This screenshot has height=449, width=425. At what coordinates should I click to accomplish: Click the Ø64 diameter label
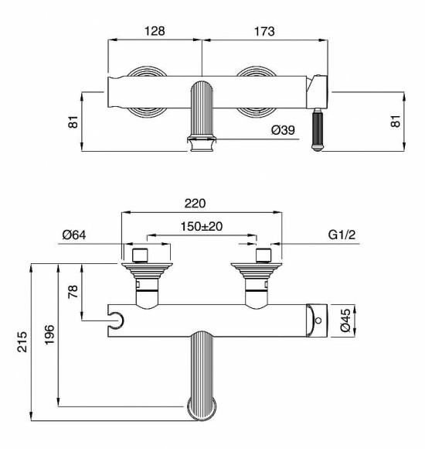click(x=74, y=235)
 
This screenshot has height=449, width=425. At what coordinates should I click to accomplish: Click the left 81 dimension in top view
click(x=74, y=122)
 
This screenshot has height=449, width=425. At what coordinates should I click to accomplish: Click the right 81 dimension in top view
click(x=399, y=122)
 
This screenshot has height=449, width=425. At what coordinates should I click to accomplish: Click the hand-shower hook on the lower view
click(x=116, y=318)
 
